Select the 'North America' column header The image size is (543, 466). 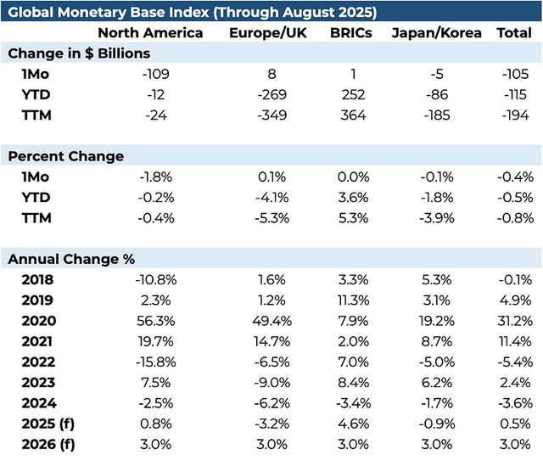(x=150, y=33)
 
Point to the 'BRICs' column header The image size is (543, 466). (x=351, y=33)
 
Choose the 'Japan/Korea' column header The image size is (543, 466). (x=437, y=33)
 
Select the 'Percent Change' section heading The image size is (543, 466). (x=65, y=156)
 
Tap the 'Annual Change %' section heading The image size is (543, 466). (x=71, y=259)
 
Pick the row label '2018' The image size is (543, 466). (x=39, y=279)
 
